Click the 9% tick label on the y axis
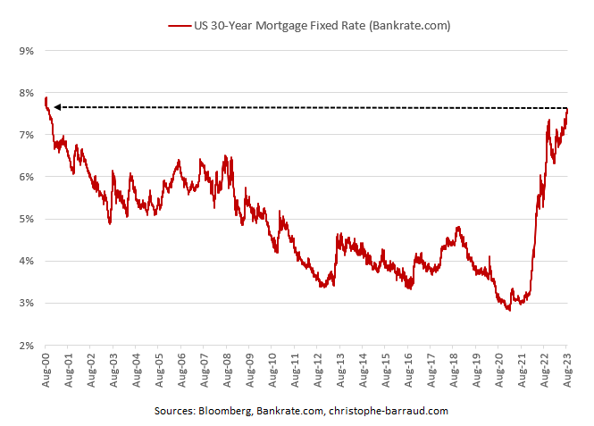tap(25, 51)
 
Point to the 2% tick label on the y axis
tap(25, 346)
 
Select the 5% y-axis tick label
tap(25, 219)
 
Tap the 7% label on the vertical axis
tap(25, 135)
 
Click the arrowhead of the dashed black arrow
tap(56, 107)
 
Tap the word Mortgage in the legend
tap(280, 26)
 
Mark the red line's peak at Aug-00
tap(46, 97)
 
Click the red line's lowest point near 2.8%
tap(508, 309)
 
